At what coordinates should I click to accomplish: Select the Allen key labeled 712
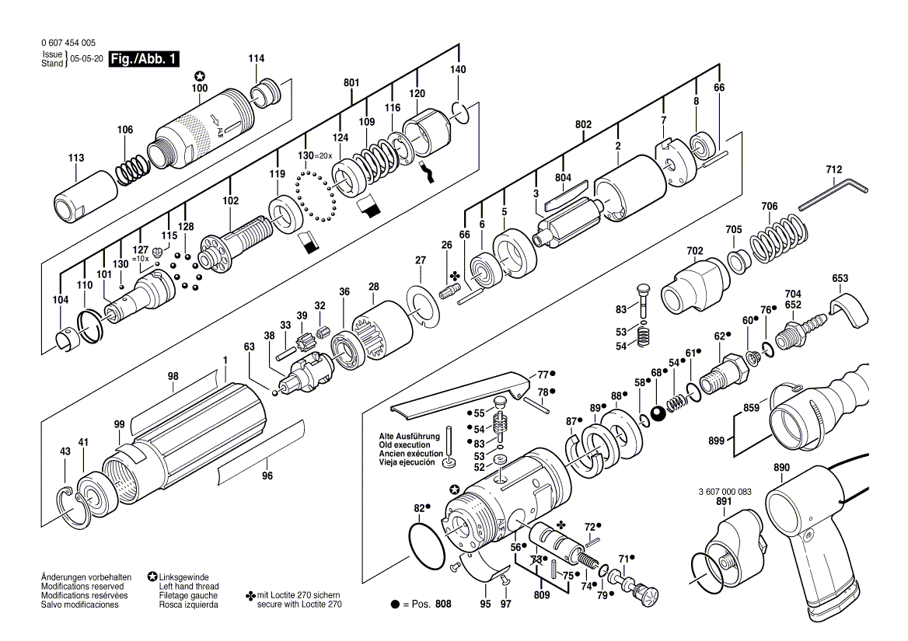tap(832, 193)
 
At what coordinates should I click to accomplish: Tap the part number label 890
tap(781, 468)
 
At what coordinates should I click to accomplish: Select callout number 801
tap(351, 83)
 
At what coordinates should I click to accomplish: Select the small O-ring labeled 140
tap(460, 113)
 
